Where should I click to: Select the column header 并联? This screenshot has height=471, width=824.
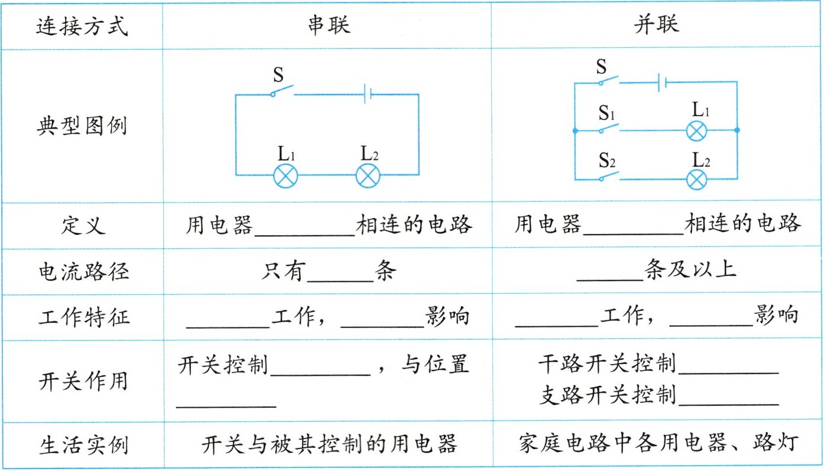pyautogui.click(x=656, y=25)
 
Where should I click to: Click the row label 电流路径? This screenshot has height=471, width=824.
pyautogui.click(x=82, y=271)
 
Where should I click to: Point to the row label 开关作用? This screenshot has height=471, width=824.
pyautogui.click(x=82, y=381)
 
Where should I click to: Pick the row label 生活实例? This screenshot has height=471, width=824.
pyautogui.click(x=82, y=444)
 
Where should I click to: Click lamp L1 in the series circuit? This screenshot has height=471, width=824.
pyautogui.click(x=285, y=176)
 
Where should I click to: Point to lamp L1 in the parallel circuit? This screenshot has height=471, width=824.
pyautogui.click(x=696, y=130)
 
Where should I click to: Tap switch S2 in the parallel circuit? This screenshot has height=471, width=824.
pyautogui.click(x=609, y=177)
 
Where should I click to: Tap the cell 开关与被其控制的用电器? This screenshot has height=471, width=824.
pyautogui.click(x=329, y=444)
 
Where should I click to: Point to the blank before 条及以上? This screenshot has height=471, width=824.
pyautogui.click(x=609, y=273)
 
